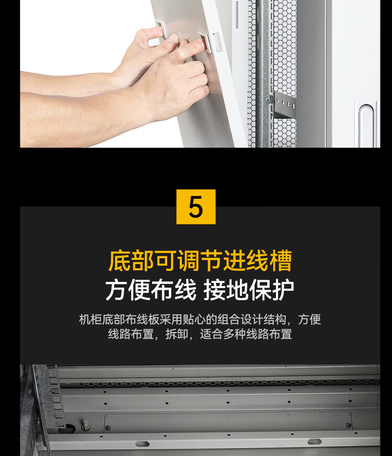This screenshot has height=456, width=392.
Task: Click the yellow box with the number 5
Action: click(196, 207)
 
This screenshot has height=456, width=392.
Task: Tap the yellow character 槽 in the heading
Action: click(280, 260)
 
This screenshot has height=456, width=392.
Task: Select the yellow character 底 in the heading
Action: click(120, 260)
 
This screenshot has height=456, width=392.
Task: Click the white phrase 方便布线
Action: click(151, 290)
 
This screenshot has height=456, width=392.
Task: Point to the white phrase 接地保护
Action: click(248, 290)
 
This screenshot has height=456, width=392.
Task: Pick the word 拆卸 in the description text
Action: click(177, 334)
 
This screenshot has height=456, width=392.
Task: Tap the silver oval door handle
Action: click(365, 125)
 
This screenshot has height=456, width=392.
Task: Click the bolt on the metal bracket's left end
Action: click(270, 99)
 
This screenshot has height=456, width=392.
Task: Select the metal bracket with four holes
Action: click(284, 104)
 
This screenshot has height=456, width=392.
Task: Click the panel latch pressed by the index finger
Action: click(205, 42)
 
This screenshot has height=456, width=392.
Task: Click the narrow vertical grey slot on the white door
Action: click(237, 15)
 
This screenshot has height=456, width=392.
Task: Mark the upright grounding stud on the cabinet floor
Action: click(85, 425)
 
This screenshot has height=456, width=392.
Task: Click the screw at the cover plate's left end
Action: click(108, 428)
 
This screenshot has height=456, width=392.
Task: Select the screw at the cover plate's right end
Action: click(348, 425)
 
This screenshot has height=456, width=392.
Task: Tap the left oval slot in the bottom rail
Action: click(142, 444)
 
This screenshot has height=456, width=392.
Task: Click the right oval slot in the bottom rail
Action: click(315, 442)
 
